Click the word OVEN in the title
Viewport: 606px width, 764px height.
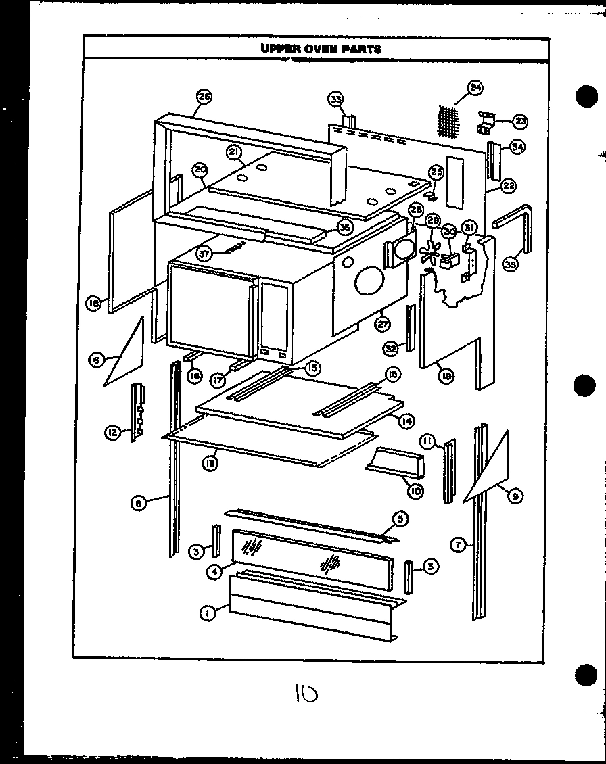click(317, 49)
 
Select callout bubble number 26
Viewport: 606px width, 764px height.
click(204, 97)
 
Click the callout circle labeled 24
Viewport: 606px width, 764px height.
click(475, 88)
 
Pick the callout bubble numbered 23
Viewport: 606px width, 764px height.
click(520, 121)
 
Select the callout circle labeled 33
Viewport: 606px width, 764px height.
click(335, 99)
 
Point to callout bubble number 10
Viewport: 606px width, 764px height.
click(415, 492)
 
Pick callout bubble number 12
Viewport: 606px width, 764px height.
click(112, 431)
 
